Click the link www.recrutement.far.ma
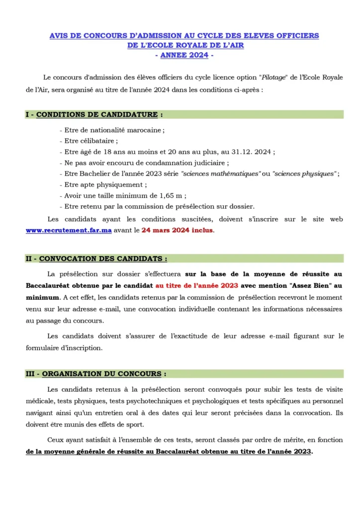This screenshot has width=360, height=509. click(69, 231)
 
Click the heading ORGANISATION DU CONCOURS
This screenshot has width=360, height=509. click(101, 374)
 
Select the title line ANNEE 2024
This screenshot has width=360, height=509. click(184, 55)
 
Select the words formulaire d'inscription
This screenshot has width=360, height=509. click(64, 348)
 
